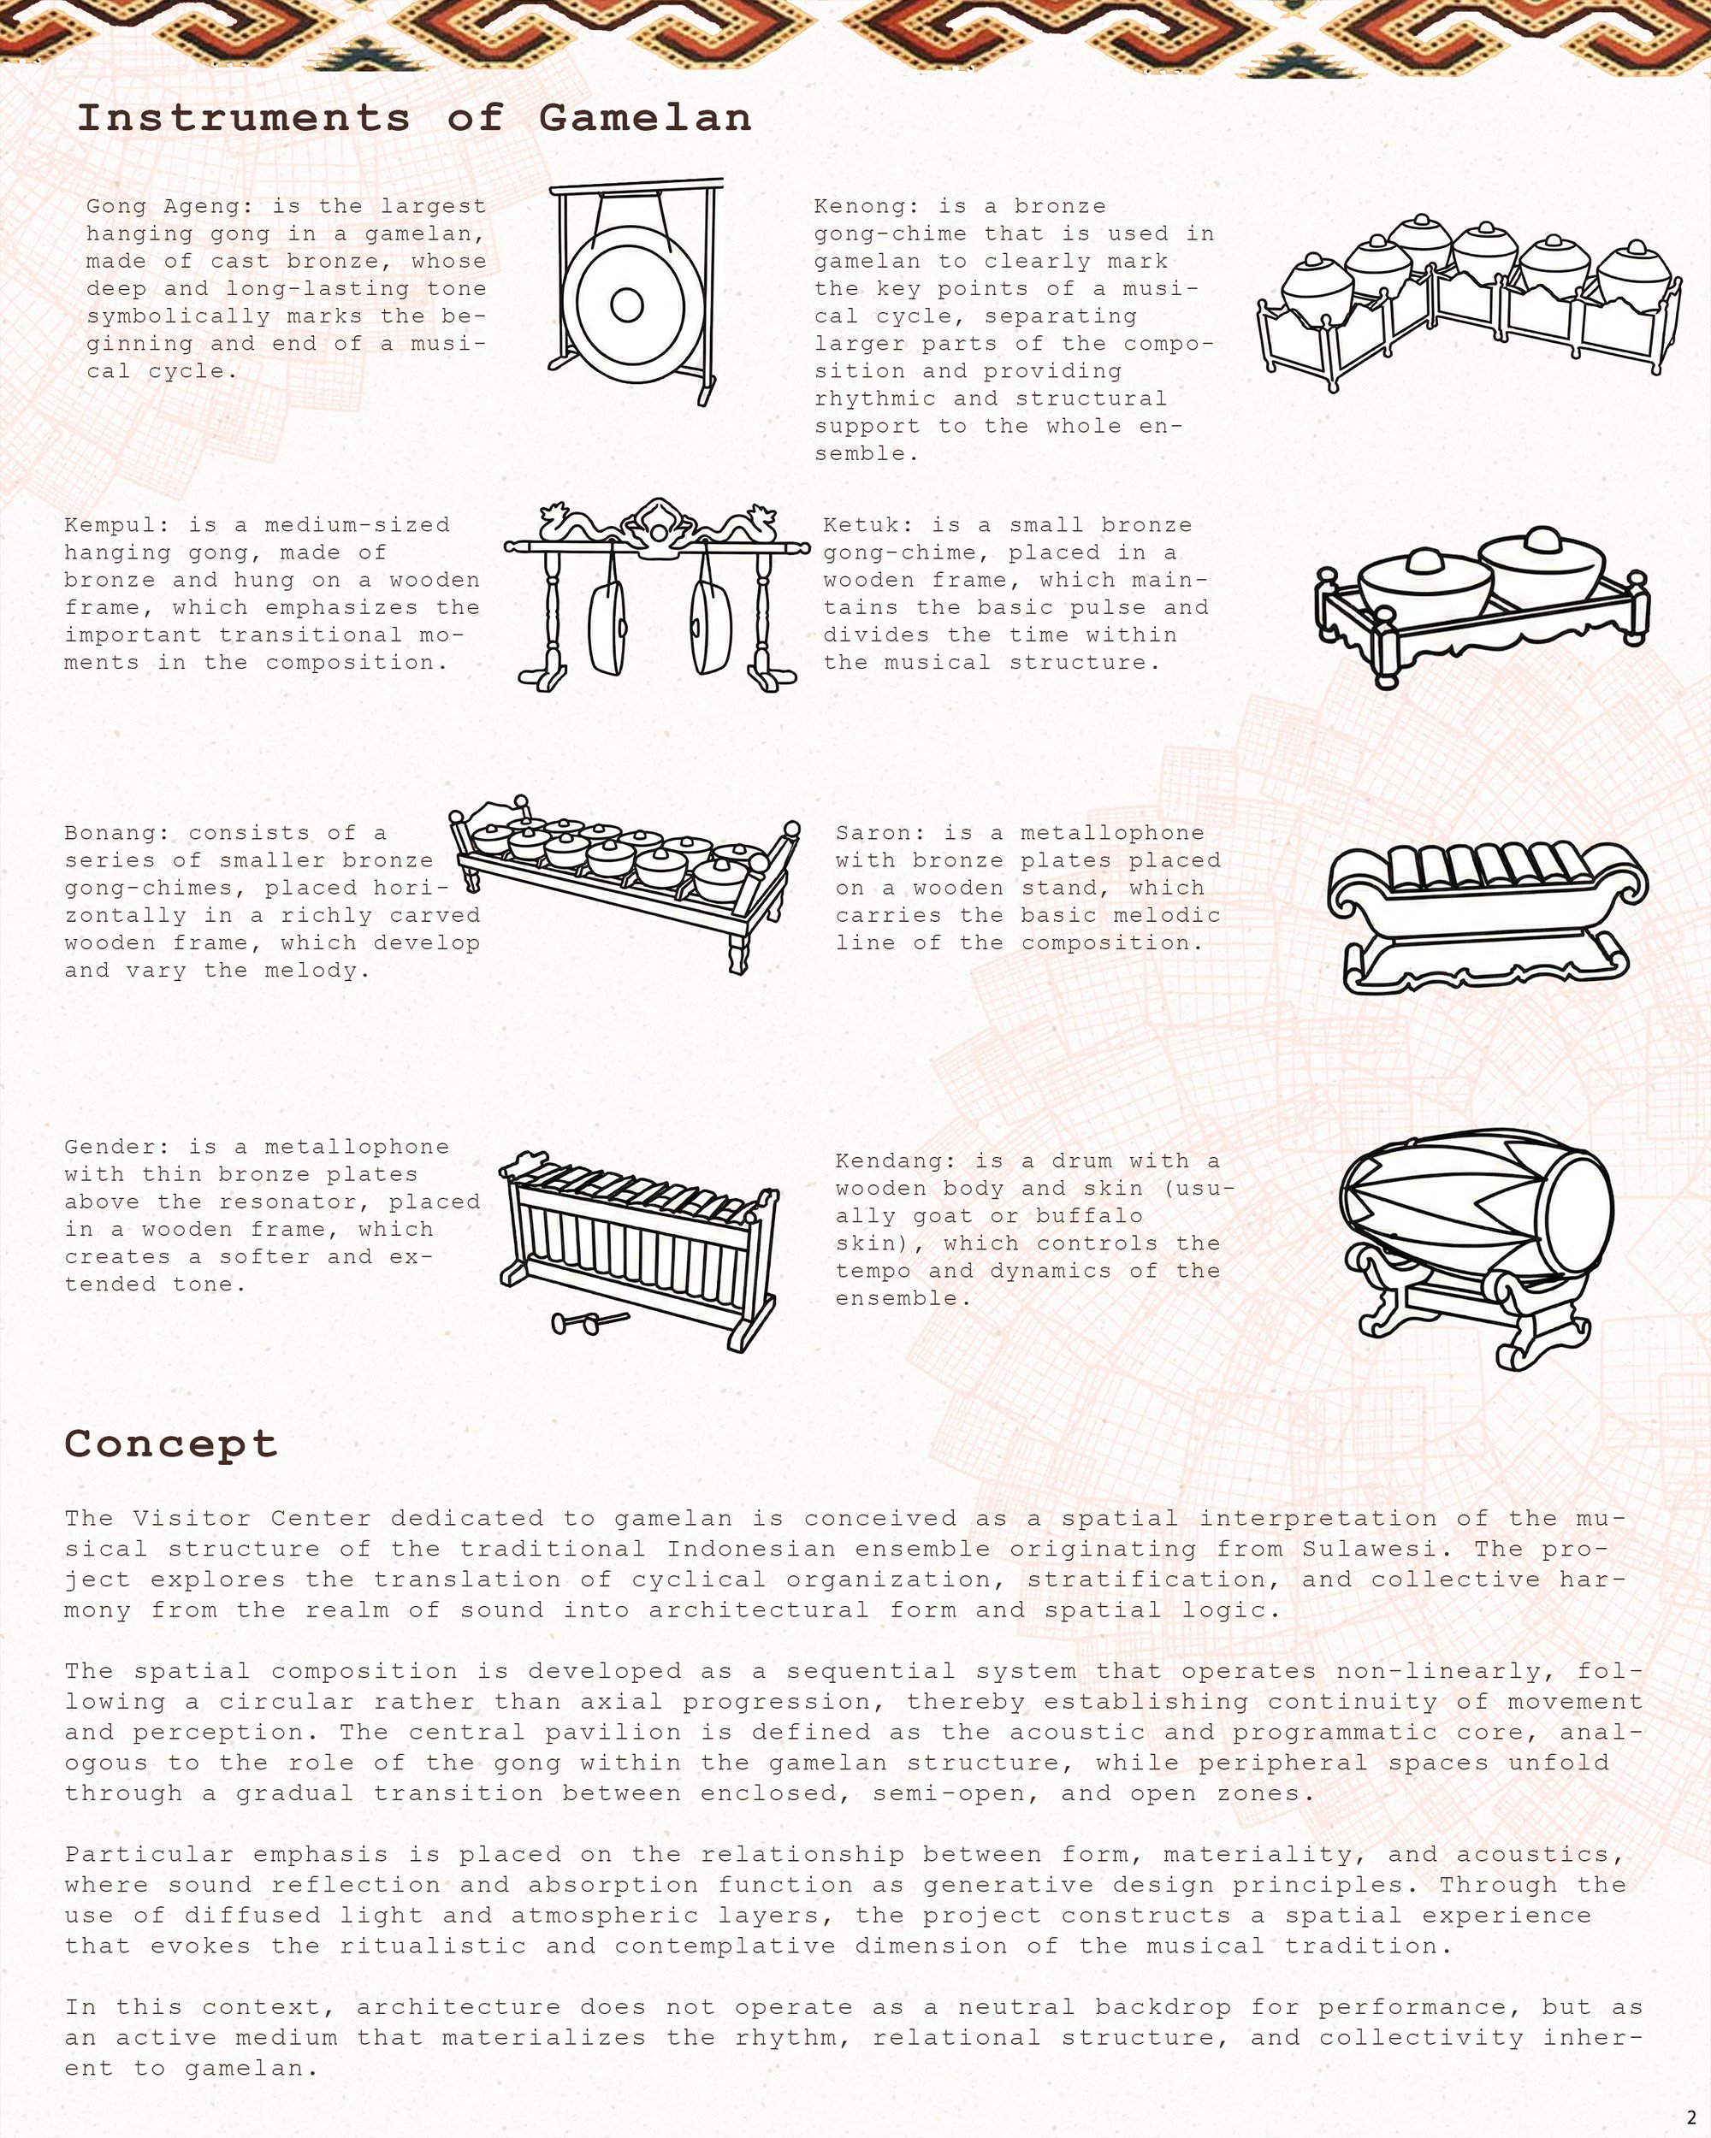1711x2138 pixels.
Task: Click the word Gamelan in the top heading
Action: point(645,118)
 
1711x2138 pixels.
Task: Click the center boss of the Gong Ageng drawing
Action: point(627,304)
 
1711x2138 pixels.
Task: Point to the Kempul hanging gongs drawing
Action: point(657,594)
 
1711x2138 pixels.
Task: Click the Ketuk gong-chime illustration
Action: point(1482,605)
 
